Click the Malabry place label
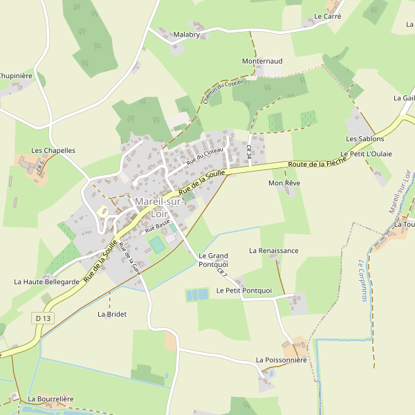[x=186, y=35]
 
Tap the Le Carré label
[x=327, y=16]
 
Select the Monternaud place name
[x=262, y=62]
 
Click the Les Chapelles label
[x=53, y=150]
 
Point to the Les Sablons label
[x=365, y=139]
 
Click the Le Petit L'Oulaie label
[x=367, y=154]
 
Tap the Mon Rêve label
[x=284, y=183]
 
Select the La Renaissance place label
[x=274, y=250]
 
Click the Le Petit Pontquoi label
[x=244, y=290]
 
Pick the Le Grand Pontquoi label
[x=213, y=260]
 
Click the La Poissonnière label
[x=281, y=360]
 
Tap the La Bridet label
[x=112, y=314]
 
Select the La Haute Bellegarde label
[x=46, y=282]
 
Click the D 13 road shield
[x=43, y=318]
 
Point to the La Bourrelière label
[x=50, y=399]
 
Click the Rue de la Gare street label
[x=129, y=260]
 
